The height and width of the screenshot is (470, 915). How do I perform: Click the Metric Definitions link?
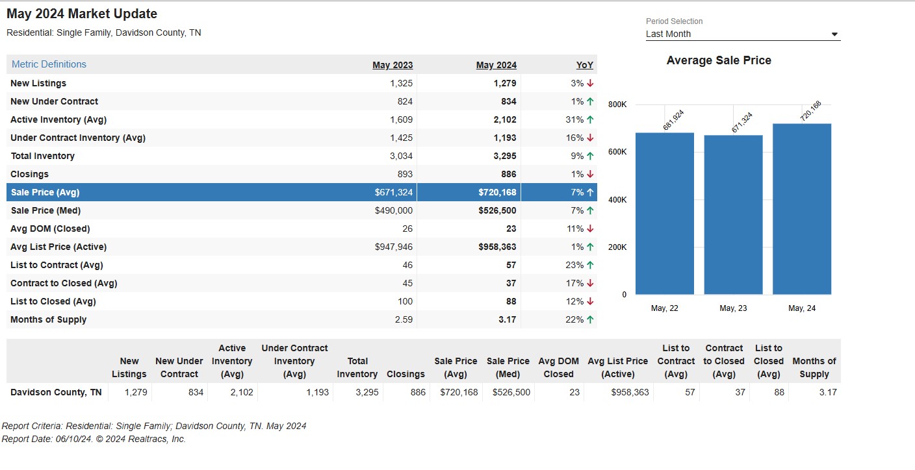point(49,64)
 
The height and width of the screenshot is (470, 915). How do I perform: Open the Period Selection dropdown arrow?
point(834,34)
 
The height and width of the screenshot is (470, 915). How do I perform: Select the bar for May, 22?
point(665,214)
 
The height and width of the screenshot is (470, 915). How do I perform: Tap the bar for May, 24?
point(802,209)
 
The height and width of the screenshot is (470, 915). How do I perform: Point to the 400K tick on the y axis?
point(617,199)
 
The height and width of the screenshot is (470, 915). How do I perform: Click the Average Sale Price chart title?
point(719,60)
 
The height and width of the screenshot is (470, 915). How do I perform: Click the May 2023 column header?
point(393,65)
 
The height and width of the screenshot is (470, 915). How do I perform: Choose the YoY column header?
point(584,65)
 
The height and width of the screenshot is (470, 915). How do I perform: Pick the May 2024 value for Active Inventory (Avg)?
point(505,119)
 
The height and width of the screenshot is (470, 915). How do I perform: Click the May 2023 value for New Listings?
point(401,83)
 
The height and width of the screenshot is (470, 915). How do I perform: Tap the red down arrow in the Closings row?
point(590,174)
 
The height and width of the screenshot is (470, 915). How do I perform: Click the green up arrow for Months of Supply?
point(590,319)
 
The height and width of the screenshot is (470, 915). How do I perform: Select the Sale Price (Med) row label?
point(45,210)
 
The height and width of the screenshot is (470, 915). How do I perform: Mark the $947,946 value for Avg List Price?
point(394,247)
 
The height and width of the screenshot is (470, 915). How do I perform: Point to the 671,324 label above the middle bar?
point(741,123)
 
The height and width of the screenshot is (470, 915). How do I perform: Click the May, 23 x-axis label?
point(733,308)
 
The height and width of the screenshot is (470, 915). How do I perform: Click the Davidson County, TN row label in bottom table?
point(56,392)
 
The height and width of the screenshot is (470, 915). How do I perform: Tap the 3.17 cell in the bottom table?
point(828,392)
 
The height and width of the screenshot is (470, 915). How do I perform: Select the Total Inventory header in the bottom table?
point(357,367)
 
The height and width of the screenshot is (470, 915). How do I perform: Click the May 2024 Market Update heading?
point(82,14)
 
